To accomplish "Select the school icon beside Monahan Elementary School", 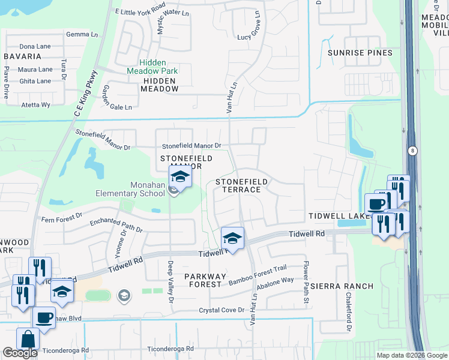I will coord(179,177).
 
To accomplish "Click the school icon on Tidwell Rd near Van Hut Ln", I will coord(232,238).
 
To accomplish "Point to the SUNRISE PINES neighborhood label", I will coord(360,53).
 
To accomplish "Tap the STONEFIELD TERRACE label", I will coord(238,185).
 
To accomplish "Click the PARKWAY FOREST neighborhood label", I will coord(205,280).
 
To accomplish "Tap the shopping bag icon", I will coord(28,339).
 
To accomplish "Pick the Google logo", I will coord(20,353).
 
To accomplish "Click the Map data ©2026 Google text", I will coord(412,355).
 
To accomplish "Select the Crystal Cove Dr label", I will coord(222,310).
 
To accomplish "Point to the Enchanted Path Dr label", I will coord(116,226).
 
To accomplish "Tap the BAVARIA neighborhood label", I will coord(22,56).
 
